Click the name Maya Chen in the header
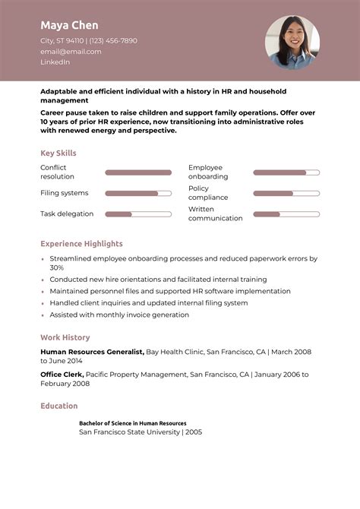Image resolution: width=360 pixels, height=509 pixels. point(69,25)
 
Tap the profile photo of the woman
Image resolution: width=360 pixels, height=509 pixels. point(292,43)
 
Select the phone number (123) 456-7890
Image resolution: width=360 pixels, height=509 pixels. point(113,40)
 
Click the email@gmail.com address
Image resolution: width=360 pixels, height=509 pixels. point(71,52)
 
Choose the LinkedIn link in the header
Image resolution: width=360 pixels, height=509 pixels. point(55,62)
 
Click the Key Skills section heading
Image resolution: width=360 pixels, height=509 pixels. point(58,153)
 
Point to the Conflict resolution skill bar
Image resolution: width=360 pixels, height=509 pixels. point(138,172)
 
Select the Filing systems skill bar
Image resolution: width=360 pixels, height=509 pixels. point(138,193)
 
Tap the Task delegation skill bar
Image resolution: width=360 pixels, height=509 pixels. point(138,213)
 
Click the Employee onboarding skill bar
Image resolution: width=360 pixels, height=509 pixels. point(286,172)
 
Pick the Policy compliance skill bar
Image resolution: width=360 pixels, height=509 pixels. point(286,193)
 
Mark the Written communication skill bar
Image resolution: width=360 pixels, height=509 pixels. point(286,213)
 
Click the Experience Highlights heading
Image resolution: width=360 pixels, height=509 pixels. point(81,244)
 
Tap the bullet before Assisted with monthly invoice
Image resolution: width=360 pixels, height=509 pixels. point(43,315)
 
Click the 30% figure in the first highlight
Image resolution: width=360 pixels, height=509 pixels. point(57,267)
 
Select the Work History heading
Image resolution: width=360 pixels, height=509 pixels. point(65,337)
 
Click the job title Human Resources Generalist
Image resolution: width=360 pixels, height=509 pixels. point(92,352)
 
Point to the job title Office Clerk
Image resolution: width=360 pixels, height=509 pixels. point(62,375)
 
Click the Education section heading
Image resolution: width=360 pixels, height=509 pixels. point(59,406)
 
